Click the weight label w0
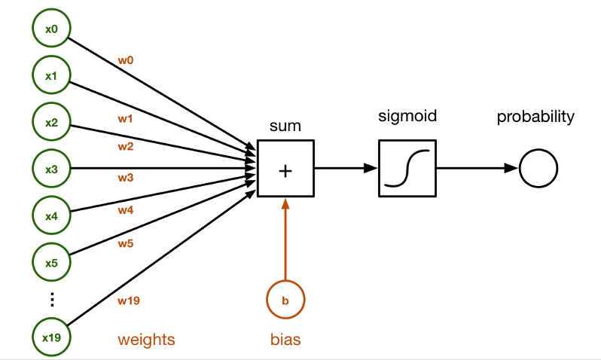click(x=125, y=60)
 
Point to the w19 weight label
click(x=129, y=301)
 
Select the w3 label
click(x=125, y=178)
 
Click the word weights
click(x=146, y=340)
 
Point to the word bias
click(x=285, y=340)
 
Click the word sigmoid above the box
click(x=407, y=117)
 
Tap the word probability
click(x=535, y=117)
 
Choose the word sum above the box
click(x=285, y=126)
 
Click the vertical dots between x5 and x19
click(x=52, y=300)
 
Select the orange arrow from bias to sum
click(x=285, y=239)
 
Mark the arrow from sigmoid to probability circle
click(x=477, y=168)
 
